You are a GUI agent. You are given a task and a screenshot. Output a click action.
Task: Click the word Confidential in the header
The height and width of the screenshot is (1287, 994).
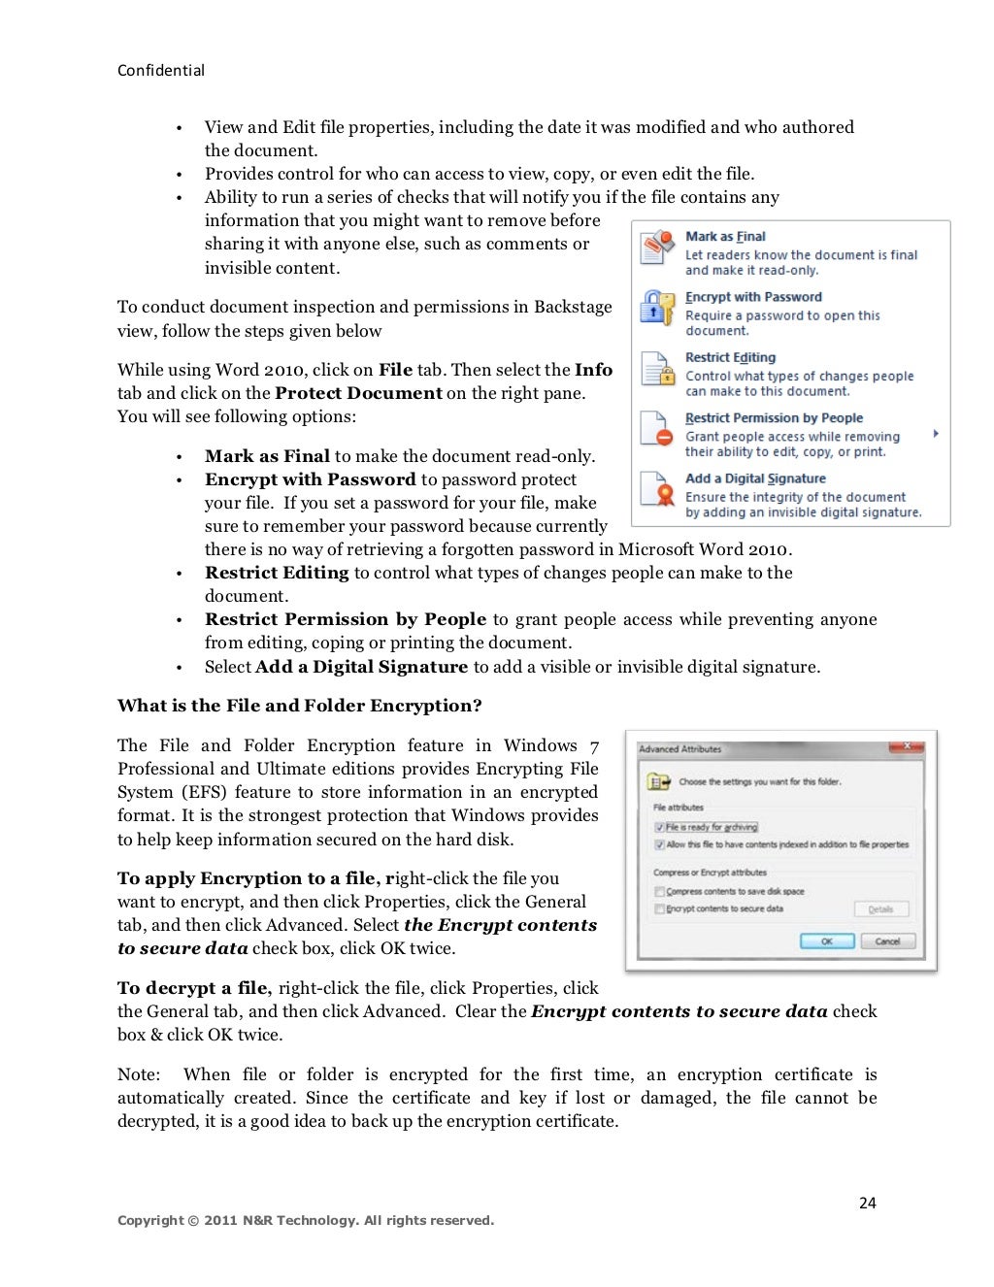(161, 71)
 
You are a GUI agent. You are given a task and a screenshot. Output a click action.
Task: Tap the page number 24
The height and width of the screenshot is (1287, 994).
(867, 1203)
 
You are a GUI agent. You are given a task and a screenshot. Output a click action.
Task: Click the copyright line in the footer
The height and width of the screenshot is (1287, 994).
(305, 1220)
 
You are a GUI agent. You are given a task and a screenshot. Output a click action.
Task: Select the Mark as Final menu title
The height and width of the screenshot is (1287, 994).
(725, 236)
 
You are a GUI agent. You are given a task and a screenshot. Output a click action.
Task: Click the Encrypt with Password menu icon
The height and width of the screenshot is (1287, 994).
(657, 308)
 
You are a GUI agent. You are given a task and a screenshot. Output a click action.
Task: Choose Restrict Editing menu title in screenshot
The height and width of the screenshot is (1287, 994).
(730, 357)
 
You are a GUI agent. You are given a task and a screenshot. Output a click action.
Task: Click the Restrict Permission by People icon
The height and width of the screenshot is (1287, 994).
(657, 429)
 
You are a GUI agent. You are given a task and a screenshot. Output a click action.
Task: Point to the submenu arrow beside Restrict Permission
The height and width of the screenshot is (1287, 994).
(936, 434)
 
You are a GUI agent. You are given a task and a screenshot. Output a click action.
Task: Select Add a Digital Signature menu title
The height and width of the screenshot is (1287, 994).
(755, 478)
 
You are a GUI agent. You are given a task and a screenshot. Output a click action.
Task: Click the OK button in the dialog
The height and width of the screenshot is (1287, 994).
(826, 940)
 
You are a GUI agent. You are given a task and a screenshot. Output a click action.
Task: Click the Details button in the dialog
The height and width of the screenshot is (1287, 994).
(881, 909)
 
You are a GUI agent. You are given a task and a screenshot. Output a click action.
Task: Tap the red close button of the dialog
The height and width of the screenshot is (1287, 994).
(907, 746)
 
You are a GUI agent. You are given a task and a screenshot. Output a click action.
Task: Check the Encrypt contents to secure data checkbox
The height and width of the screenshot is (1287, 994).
(660, 909)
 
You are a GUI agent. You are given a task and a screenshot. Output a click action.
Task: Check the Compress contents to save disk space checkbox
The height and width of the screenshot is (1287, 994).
(660, 891)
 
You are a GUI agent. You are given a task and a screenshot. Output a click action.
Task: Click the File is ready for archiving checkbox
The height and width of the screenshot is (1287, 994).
(660, 828)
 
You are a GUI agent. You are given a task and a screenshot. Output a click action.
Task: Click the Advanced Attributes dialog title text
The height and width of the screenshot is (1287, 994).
(680, 749)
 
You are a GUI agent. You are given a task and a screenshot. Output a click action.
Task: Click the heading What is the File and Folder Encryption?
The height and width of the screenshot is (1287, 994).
(299, 706)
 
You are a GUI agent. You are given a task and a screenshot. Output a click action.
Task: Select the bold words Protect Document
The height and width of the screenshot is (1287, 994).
(358, 393)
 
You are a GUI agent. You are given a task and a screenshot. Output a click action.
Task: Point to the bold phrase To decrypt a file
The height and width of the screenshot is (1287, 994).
(194, 988)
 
